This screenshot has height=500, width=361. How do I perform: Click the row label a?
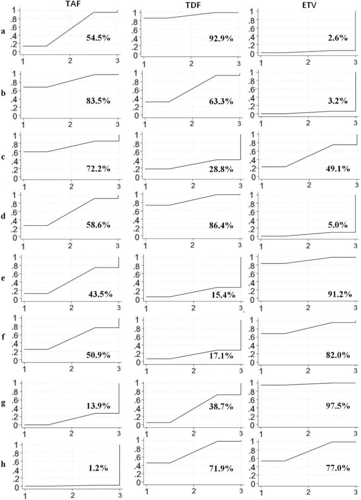pos(4,32)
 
